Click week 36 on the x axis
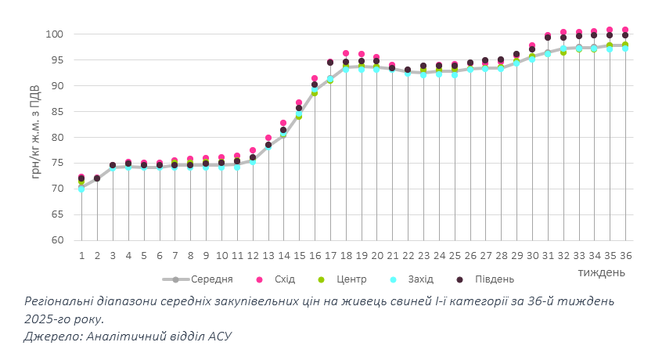(x=625, y=255)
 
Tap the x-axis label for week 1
(x=81, y=255)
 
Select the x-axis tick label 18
(x=345, y=255)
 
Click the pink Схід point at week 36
(x=625, y=30)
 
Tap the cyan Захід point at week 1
(x=81, y=189)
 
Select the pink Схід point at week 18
(x=345, y=53)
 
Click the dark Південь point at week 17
(x=330, y=63)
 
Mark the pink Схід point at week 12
(x=253, y=150)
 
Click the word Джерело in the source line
(x=51, y=336)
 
